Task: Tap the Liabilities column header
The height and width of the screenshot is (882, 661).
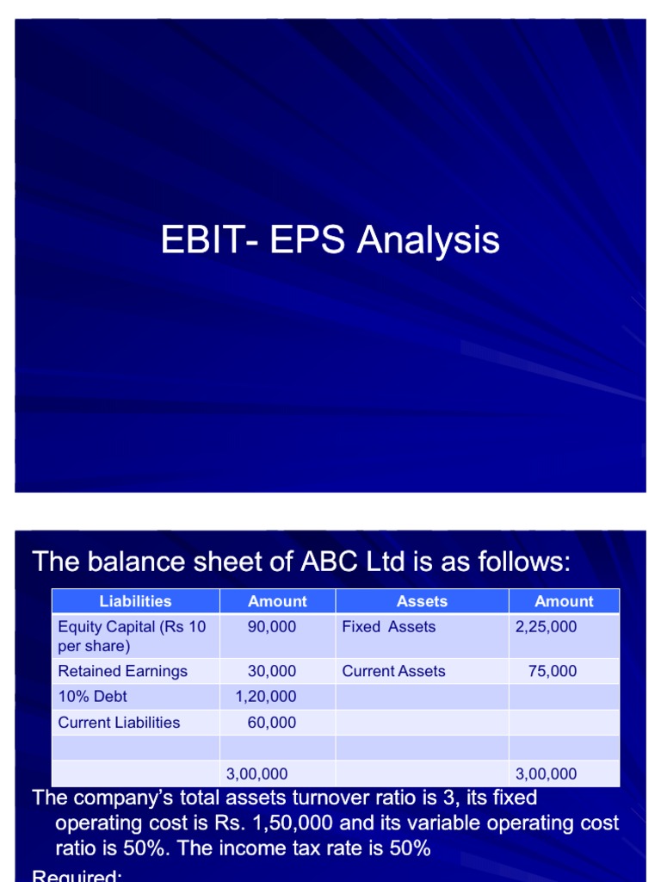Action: click(x=135, y=601)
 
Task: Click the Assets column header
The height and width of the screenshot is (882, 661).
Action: click(x=422, y=601)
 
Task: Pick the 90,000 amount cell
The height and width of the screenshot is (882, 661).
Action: click(x=272, y=627)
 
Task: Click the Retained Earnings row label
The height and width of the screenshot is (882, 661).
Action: click(x=122, y=671)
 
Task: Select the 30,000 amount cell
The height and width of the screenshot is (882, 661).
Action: click(x=272, y=671)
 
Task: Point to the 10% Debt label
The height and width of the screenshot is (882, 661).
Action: click(x=92, y=696)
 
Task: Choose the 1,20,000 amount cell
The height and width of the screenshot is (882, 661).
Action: click(x=266, y=696)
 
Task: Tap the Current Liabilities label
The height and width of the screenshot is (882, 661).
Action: click(x=119, y=723)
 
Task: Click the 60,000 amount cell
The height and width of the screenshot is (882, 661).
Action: click(x=272, y=723)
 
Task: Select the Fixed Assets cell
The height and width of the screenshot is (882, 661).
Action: click(x=388, y=627)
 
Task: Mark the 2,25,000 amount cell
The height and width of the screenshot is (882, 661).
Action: click(x=547, y=627)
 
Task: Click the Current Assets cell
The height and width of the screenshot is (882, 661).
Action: click(x=393, y=671)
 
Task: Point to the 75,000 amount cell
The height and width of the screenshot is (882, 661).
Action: click(x=553, y=671)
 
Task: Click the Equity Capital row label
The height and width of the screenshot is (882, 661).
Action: click(x=132, y=636)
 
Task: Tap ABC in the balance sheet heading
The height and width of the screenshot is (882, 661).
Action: click(x=323, y=562)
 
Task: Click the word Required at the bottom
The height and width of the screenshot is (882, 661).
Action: click(x=76, y=876)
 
